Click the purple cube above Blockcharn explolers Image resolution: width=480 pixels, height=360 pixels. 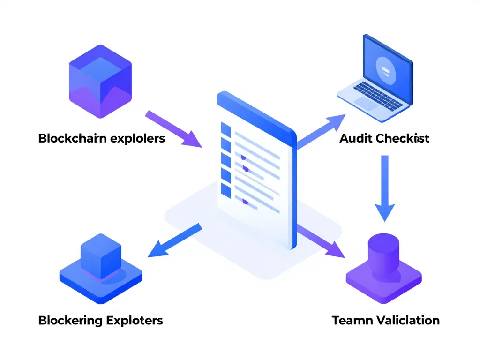(x=100, y=81)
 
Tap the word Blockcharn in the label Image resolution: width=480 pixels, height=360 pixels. (x=73, y=138)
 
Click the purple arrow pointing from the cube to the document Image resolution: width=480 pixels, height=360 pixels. (x=173, y=129)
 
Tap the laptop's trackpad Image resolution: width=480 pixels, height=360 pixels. (x=366, y=103)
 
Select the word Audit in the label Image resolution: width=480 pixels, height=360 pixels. (x=355, y=138)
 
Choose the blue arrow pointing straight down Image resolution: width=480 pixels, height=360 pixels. (x=384, y=187)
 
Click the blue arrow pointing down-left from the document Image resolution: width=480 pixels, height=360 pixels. (x=173, y=241)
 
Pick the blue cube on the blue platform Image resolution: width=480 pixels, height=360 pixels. (x=101, y=253)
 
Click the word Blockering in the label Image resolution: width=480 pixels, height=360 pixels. (x=70, y=320)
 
